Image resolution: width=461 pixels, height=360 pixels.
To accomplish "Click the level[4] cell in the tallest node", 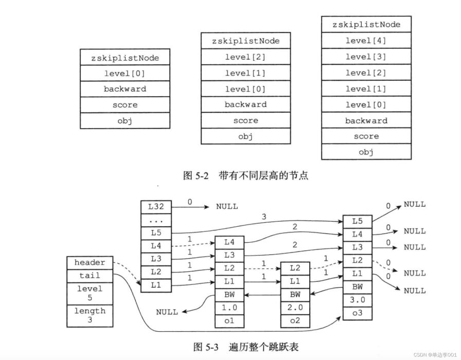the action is pyautogui.click(x=366, y=41).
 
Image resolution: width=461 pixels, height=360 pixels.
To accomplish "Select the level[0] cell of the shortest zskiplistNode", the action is pyautogui.click(x=125, y=73).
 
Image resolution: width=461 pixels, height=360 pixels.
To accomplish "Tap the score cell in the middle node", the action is pyautogui.click(x=246, y=120).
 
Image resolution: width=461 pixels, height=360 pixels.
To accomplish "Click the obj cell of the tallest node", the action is pyautogui.click(x=366, y=152).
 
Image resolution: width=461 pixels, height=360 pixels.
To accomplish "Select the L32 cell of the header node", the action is pyautogui.click(x=156, y=207).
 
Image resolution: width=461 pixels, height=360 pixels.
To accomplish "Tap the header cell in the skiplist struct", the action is pyautogui.click(x=90, y=263).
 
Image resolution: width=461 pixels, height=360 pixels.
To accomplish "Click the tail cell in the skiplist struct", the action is pyautogui.click(x=90, y=276).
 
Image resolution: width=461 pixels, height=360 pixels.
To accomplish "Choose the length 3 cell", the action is pyautogui.click(x=90, y=316).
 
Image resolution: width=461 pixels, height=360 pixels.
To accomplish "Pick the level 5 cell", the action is pyautogui.click(x=90, y=294).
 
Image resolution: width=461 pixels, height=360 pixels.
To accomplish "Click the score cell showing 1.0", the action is pyautogui.click(x=229, y=308).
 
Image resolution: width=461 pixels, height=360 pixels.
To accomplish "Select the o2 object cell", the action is pyautogui.click(x=295, y=321).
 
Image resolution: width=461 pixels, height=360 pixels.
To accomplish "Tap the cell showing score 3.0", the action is pyautogui.click(x=358, y=300).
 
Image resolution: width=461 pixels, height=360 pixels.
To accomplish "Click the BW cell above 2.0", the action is pyautogui.click(x=295, y=295).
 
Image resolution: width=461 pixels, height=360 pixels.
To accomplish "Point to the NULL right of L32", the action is pyautogui.click(x=227, y=207).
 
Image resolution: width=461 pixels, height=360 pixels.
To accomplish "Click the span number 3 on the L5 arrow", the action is pyautogui.click(x=264, y=217).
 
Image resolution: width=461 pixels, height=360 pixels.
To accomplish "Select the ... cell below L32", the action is pyautogui.click(x=156, y=220).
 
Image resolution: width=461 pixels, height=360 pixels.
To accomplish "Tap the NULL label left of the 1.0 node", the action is pyautogui.click(x=167, y=312).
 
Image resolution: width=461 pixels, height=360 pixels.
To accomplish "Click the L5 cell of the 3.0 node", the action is pyautogui.click(x=358, y=222).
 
